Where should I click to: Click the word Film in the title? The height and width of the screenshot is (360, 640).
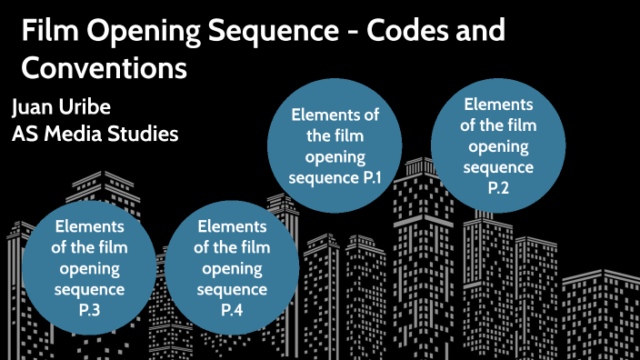point(45,34)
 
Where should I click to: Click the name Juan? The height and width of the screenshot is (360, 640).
point(35,106)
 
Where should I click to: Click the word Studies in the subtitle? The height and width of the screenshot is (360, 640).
point(145,133)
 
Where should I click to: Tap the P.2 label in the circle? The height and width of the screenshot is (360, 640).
point(498,187)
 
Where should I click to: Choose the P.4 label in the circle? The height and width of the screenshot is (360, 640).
point(232,311)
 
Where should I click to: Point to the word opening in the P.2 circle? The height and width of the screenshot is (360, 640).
point(498,146)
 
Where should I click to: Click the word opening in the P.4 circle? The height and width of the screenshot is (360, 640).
point(232,269)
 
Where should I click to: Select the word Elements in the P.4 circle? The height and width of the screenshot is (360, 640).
point(232,227)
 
